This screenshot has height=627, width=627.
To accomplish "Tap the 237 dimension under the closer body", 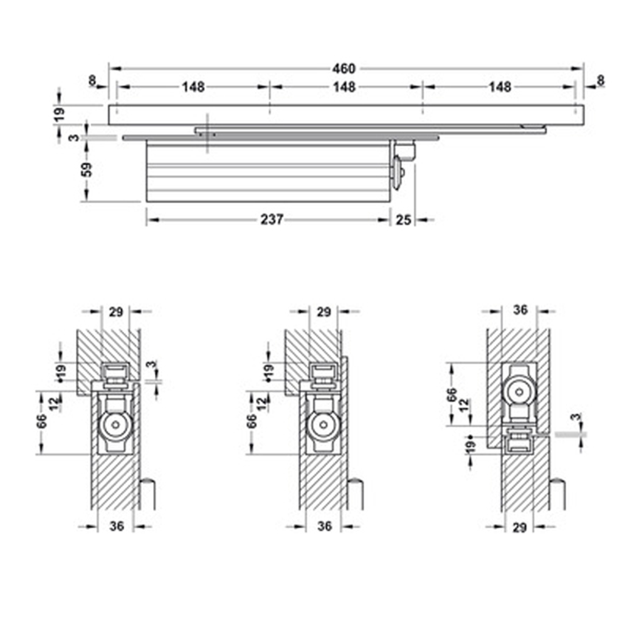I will point(273,219).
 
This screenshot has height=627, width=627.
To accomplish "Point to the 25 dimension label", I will point(404,219).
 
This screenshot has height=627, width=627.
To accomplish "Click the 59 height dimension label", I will point(87,169).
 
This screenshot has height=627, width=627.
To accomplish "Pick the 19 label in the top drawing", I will point(60,113).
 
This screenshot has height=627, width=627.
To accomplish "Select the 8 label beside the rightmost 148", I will point(601,80).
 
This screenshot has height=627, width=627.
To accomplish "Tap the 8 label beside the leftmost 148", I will point(93,80).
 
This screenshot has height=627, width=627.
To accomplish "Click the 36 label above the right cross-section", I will point(520,309).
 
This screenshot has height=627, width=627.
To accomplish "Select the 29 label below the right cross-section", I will point(519,528).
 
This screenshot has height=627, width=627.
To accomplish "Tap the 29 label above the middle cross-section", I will point(324,312).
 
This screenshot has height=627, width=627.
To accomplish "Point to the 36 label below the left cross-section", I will point(117,527).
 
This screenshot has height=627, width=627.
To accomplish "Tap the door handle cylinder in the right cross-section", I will point(556,495).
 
